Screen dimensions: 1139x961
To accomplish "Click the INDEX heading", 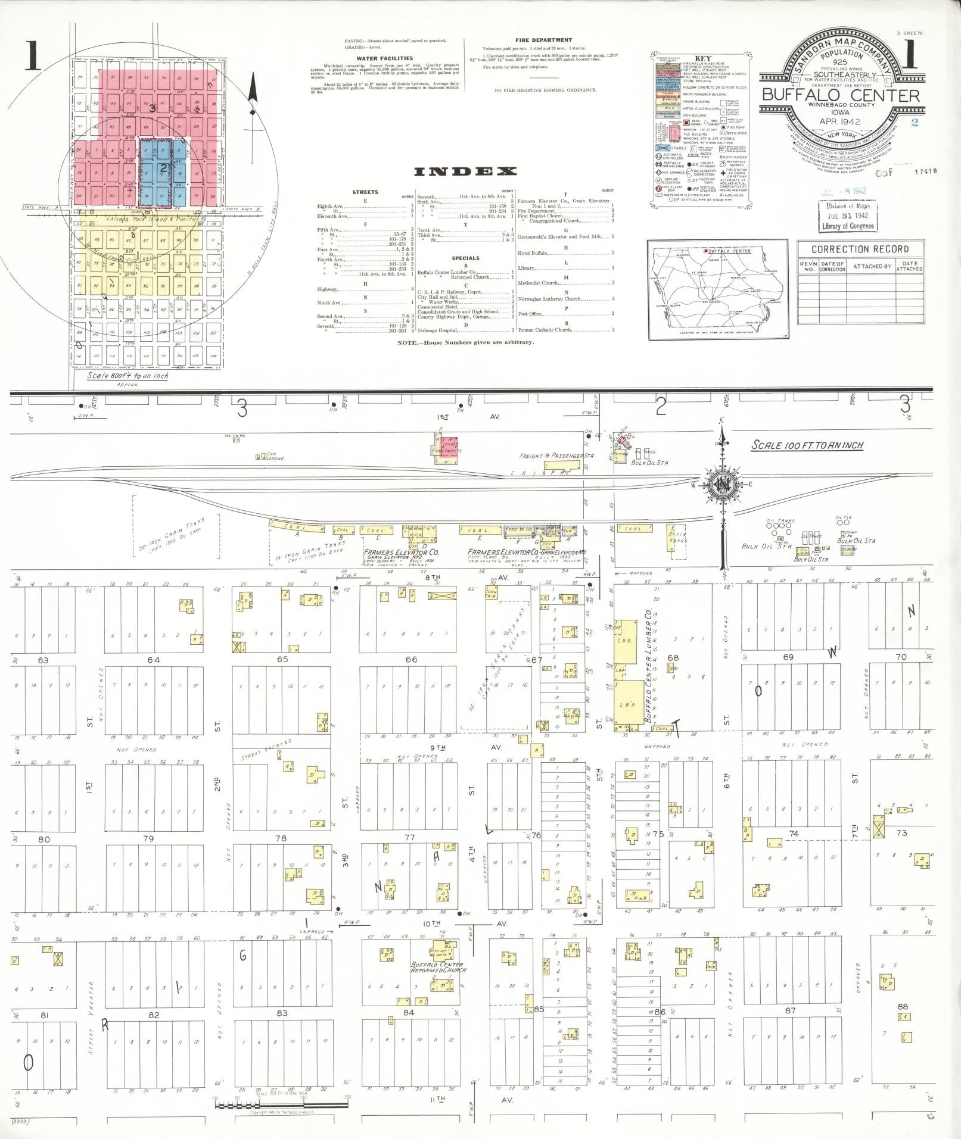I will coord(465,172).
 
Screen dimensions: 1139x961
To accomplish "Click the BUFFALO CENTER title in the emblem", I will coord(841,95).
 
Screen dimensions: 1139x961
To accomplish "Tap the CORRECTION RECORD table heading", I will coord(860,249).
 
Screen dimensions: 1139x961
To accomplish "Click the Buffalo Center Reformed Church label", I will coord(438,967).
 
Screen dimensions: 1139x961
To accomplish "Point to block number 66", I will coord(411,659).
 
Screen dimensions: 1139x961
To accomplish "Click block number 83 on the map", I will coord(282,1013).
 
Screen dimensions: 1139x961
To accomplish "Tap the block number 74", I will coord(793,834).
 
